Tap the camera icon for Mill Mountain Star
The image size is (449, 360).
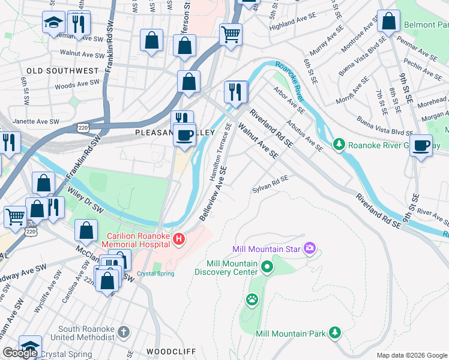310,248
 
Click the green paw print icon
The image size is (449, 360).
252,298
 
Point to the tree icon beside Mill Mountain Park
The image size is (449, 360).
334,333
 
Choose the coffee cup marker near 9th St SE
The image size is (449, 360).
422,145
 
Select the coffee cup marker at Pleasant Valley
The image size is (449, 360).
185,134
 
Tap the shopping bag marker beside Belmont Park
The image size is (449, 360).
389,22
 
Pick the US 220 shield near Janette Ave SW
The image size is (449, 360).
83,127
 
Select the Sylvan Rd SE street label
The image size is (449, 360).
270,183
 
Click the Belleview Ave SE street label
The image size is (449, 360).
214,194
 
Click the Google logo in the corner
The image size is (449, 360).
20,353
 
